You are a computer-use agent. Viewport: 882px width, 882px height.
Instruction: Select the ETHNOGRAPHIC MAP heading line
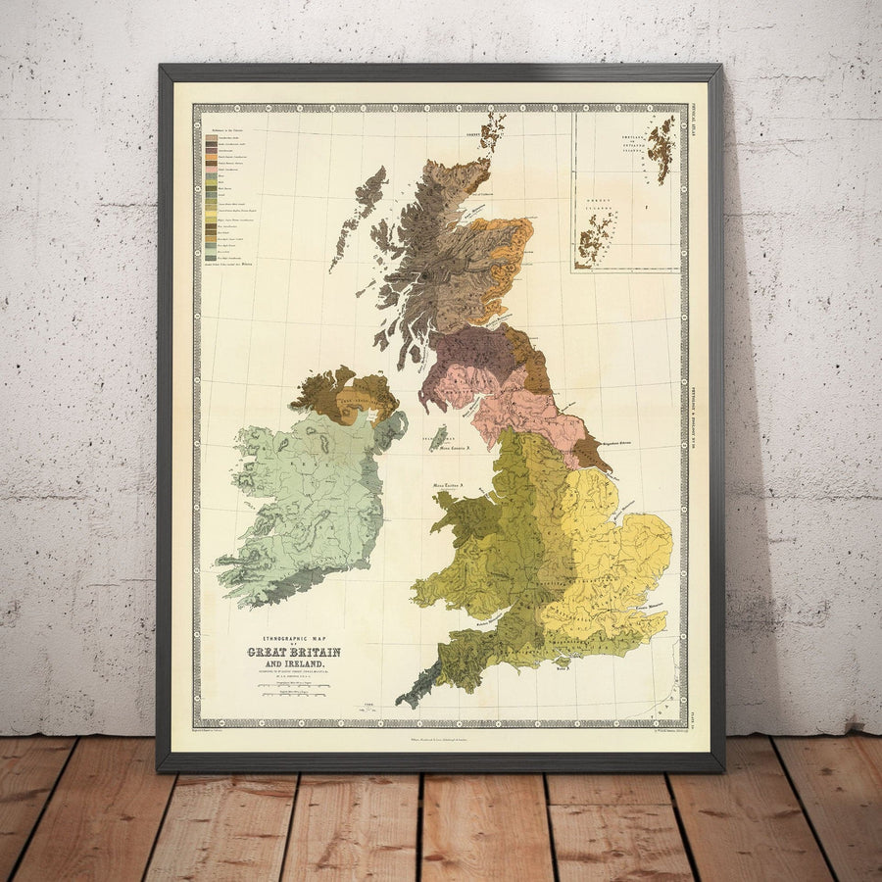click(x=293, y=639)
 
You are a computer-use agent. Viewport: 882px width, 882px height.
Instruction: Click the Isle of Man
click(x=438, y=437)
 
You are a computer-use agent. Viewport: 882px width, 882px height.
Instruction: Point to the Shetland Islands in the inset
click(x=663, y=148)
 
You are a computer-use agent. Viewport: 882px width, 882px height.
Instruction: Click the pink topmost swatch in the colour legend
click(x=210, y=137)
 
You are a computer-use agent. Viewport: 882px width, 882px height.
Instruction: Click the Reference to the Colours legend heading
click(x=224, y=127)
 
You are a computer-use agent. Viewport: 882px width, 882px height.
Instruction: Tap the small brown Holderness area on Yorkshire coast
click(x=593, y=453)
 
